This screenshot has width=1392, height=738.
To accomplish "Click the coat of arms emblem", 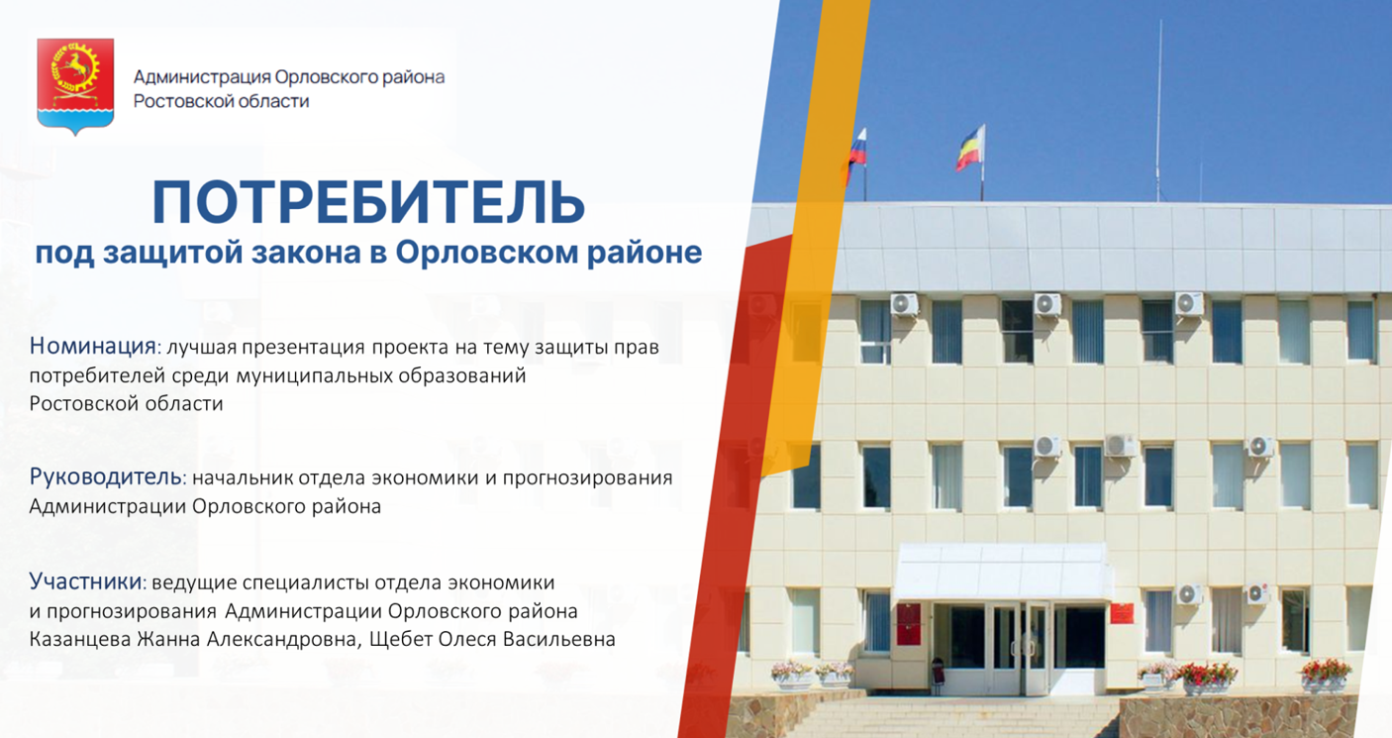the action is pyautogui.click(x=75, y=86).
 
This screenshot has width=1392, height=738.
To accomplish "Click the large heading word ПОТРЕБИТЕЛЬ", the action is pyautogui.click(x=368, y=203).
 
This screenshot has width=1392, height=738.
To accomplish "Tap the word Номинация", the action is pyautogui.click(x=93, y=346).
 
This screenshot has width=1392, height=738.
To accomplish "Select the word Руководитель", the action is pyautogui.click(x=106, y=476).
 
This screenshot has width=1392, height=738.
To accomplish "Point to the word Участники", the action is pyautogui.click(x=86, y=581).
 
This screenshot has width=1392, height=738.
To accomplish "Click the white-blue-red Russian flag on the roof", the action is pyautogui.click(x=857, y=150).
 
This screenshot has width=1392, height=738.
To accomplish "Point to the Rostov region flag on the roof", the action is pyautogui.click(x=970, y=148).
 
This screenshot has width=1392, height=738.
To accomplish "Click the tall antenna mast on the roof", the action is pyautogui.click(x=1159, y=111).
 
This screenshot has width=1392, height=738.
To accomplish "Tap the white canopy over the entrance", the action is pyautogui.click(x=1002, y=572).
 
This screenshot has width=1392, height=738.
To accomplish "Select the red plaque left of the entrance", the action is pyautogui.click(x=908, y=624).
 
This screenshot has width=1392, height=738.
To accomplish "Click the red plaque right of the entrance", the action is pyautogui.click(x=1122, y=613).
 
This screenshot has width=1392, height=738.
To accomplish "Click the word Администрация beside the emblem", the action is pyautogui.click(x=202, y=77).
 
